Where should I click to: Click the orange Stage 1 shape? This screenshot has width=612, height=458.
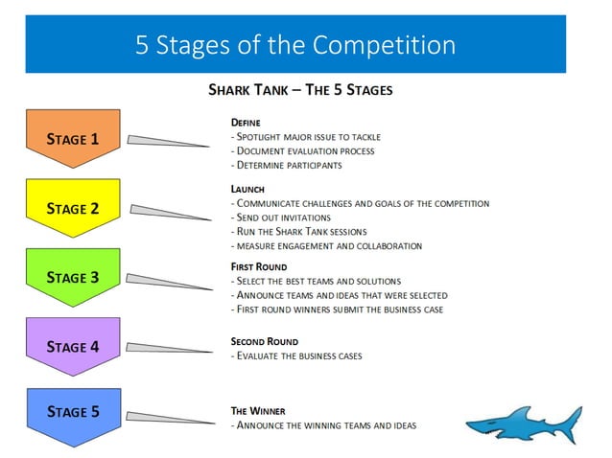pyautogui.click(x=73, y=139)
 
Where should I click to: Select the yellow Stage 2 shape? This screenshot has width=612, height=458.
pyautogui.click(x=73, y=208)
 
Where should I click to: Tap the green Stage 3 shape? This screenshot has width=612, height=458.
pyautogui.click(x=73, y=278)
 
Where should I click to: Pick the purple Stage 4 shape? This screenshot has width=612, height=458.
pyautogui.click(x=73, y=347)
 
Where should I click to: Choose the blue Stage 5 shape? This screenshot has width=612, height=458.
pyautogui.click(x=73, y=413)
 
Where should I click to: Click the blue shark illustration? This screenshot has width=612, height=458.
pyautogui.click(x=523, y=423)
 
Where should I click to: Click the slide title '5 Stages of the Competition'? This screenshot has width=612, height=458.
pyautogui.click(x=294, y=44)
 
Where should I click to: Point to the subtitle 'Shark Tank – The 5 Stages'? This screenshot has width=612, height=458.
pyautogui.click(x=300, y=90)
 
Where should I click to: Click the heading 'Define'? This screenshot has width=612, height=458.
pyautogui.click(x=246, y=123)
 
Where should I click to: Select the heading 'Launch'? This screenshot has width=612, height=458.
pyautogui.click(x=247, y=190)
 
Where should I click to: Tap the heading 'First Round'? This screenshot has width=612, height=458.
pyautogui.click(x=259, y=266)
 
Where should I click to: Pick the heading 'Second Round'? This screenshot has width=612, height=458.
pyautogui.click(x=265, y=341)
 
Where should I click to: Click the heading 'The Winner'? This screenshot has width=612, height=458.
pyautogui.click(x=258, y=410)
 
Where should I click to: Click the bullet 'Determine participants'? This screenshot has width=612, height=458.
pyautogui.click(x=287, y=165)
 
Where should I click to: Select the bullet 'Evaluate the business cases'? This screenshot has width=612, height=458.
pyautogui.click(x=296, y=355)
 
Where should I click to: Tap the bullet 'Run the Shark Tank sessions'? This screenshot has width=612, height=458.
pyautogui.click(x=299, y=232)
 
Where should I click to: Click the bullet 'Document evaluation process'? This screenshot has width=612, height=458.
pyautogui.click(x=303, y=150)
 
